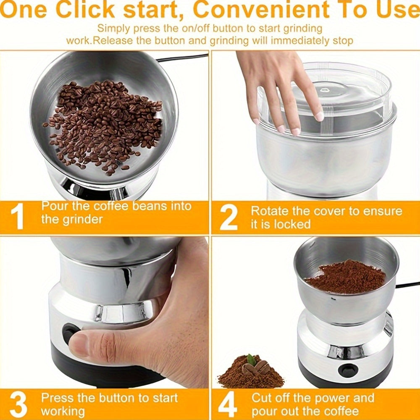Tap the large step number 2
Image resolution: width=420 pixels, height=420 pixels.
228,218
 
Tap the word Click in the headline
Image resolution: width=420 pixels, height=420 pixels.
85,9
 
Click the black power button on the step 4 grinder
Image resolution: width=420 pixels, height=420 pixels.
348,370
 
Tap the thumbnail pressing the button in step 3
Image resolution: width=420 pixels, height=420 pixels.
78,344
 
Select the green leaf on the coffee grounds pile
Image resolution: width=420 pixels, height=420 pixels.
251,359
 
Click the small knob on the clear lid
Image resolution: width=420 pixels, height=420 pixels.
325,89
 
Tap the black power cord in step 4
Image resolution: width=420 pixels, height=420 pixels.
407,285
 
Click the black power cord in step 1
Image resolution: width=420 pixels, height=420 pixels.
182,58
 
